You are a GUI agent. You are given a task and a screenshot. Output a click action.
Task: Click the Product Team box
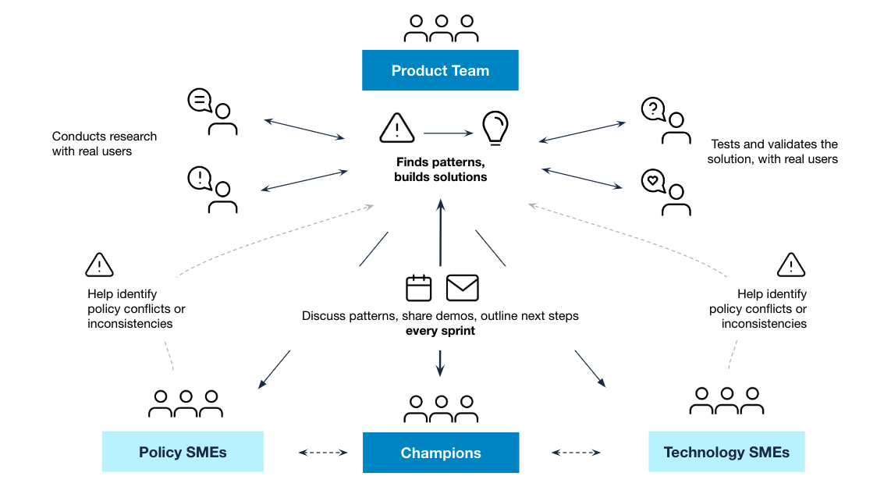440,70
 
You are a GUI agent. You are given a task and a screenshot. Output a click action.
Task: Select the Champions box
441,453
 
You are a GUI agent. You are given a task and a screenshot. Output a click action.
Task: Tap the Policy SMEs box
183,453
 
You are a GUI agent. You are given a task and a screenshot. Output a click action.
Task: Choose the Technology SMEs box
726,453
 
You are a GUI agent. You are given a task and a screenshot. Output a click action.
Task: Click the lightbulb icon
495,129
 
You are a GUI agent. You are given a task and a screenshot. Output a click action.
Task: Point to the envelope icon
462,288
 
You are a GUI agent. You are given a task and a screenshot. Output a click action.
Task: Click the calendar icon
419,288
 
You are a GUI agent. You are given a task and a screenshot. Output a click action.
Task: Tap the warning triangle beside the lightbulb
397,129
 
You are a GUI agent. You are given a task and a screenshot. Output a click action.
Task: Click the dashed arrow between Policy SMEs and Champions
323,452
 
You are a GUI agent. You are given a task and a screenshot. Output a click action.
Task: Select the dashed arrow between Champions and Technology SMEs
577,452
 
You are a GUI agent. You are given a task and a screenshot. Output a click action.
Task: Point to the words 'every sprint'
440,331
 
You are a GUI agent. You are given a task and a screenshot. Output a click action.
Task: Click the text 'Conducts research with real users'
105,144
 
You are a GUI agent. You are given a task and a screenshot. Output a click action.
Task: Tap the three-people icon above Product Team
441,28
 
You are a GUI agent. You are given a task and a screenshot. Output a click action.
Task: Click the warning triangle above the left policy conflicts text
99,265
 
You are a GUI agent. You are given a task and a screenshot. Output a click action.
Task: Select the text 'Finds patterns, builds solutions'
440,169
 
